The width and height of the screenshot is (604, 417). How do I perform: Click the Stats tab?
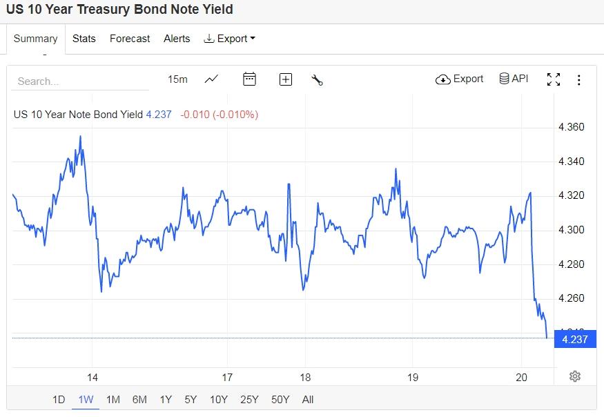point(84,39)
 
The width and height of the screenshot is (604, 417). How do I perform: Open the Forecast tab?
point(130,39)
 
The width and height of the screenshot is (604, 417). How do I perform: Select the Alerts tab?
point(177,39)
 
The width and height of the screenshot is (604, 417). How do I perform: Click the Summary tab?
point(35,39)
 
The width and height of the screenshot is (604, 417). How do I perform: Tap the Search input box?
point(79,81)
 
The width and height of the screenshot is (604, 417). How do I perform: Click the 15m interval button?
point(177,79)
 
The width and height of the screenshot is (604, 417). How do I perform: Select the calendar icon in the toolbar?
point(250,79)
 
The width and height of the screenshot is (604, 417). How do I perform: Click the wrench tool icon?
point(318,79)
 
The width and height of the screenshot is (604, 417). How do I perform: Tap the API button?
point(514,79)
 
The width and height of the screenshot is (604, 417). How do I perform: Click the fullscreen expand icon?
point(554,79)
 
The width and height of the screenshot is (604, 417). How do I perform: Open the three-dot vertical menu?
point(579,79)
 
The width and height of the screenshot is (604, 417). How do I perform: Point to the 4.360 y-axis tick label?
point(571,127)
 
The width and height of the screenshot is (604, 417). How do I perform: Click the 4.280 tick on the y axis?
point(571,264)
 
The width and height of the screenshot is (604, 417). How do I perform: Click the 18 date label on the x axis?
point(305,377)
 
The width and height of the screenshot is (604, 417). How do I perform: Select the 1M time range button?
point(113,399)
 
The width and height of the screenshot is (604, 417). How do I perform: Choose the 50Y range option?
point(280,399)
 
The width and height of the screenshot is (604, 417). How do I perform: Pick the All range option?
point(308,399)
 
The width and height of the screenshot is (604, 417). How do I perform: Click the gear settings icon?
point(575,376)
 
